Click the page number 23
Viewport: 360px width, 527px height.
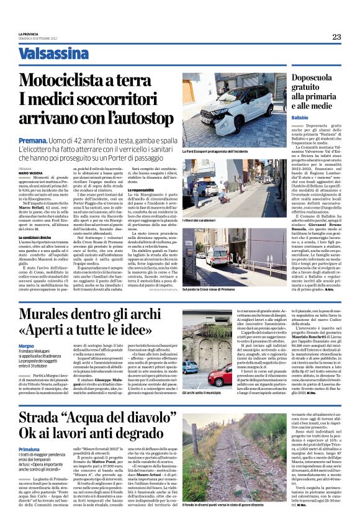click(336, 37)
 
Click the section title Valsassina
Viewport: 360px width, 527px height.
click(53, 54)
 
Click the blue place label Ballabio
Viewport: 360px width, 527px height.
click(300, 117)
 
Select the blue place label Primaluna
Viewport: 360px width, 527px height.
click(30, 448)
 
